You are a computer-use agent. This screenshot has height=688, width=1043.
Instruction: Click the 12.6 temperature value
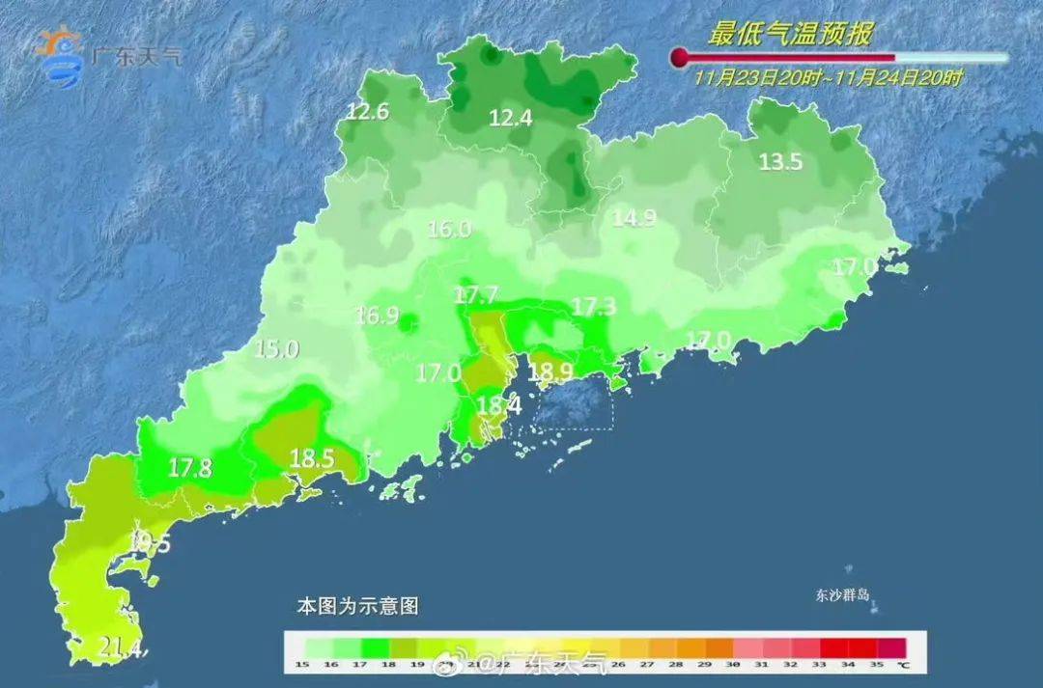pyautogui.click(x=368, y=112)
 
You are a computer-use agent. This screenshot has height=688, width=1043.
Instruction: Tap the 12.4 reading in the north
pyautogui.click(x=511, y=119)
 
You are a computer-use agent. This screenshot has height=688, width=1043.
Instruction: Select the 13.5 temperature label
pyautogui.click(x=780, y=162)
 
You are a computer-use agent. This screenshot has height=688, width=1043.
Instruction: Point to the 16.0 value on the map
pyautogui.click(x=449, y=230)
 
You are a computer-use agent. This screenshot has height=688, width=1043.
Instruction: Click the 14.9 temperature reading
pyautogui.click(x=634, y=218)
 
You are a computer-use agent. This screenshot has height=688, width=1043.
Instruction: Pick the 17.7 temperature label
pyautogui.click(x=476, y=294)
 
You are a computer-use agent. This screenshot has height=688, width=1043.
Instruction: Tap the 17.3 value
pyautogui.click(x=594, y=307)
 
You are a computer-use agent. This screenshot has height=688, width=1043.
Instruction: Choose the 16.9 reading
pyautogui.click(x=378, y=316)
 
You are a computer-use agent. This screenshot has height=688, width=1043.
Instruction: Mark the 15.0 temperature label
pyautogui.click(x=276, y=349)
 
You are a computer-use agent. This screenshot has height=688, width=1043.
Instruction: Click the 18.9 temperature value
pyautogui.click(x=551, y=372)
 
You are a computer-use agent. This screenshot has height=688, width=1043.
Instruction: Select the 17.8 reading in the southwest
pyautogui.click(x=190, y=468)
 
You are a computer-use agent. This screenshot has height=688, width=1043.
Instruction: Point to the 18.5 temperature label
pyautogui.click(x=311, y=459)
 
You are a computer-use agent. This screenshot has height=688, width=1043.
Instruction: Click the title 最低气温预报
pyautogui.click(x=790, y=36)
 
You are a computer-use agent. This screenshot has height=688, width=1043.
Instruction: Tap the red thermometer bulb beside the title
pyautogui.click(x=681, y=58)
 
